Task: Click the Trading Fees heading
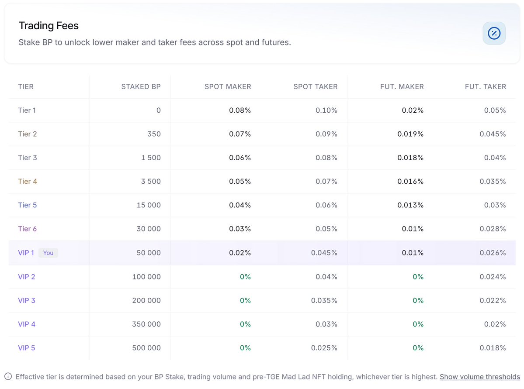click(49, 26)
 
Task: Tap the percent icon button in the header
click(494, 33)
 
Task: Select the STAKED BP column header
click(141, 86)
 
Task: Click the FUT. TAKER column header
click(485, 86)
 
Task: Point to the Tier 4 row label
click(28, 181)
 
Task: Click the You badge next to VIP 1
click(48, 253)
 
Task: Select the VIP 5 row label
click(26, 348)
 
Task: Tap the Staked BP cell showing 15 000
click(149, 205)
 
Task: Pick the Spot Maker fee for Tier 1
click(239, 110)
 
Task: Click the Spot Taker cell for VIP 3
click(324, 300)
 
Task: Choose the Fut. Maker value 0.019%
click(410, 134)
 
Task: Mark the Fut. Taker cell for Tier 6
click(493, 229)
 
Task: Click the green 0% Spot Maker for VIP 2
click(245, 276)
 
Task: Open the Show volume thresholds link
click(479, 377)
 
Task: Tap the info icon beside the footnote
click(8, 377)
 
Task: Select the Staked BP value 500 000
click(146, 348)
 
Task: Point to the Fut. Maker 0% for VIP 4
click(418, 324)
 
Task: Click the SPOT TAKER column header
click(315, 86)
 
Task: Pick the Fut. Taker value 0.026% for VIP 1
click(493, 253)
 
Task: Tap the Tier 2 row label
click(28, 134)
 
